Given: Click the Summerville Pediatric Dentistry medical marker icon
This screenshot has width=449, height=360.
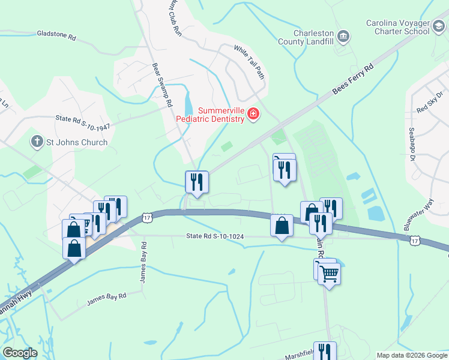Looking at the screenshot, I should (x=253, y=113).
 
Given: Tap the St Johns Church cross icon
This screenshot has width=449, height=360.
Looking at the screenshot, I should (x=37, y=142).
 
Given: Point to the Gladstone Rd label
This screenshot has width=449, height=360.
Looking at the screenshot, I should (x=56, y=37).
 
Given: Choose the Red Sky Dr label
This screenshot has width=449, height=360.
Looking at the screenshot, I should (x=430, y=103).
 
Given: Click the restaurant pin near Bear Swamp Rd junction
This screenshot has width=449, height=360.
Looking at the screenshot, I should (x=197, y=181).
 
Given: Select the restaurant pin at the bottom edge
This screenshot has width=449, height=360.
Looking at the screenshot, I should (x=325, y=352).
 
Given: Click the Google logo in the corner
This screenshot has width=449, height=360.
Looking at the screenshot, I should (x=20, y=353).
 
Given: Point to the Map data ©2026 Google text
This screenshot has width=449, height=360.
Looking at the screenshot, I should (x=411, y=355).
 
